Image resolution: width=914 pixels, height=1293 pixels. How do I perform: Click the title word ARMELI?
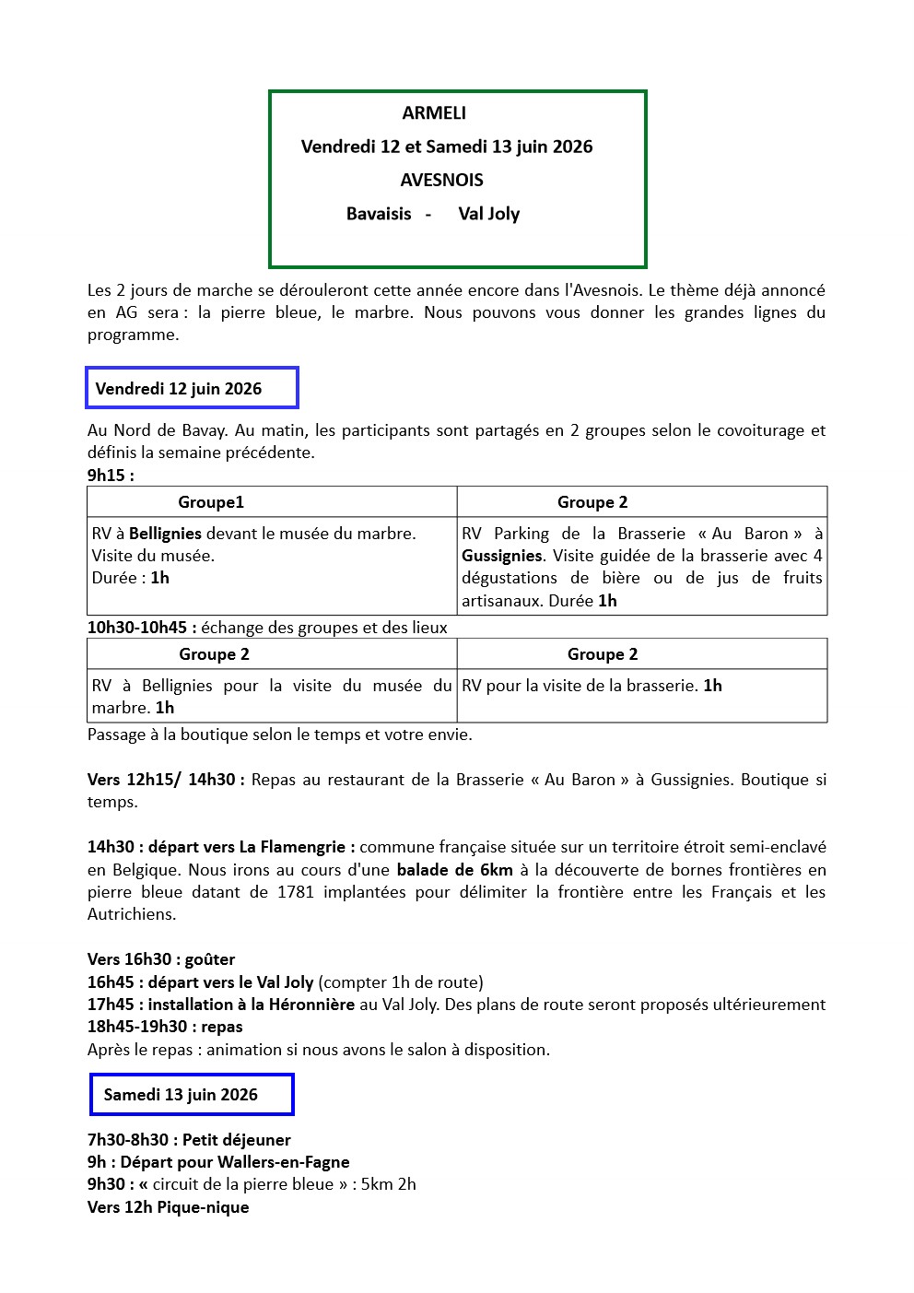(x=434, y=113)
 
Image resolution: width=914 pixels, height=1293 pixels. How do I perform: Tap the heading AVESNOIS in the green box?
(x=441, y=181)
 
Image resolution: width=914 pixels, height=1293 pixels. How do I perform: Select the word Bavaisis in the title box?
(x=379, y=214)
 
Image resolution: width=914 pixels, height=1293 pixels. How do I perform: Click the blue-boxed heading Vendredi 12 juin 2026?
(x=179, y=389)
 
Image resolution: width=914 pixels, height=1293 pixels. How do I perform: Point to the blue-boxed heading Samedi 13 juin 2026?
(x=181, y=1095)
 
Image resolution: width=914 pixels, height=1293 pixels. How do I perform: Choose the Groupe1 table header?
(x=211, y=502)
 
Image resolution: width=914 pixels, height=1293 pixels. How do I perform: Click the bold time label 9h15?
(x=107, y=476)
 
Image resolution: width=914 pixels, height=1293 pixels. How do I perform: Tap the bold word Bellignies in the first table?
(x=165, y=534)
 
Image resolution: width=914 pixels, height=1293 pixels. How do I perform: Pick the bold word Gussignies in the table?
(x=502, y=556)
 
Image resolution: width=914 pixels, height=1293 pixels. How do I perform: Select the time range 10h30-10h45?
(x=137, y=628)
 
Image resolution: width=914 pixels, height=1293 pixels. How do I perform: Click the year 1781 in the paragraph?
(x=296, y=892)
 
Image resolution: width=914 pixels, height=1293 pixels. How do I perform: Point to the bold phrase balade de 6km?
(x=455, y=870)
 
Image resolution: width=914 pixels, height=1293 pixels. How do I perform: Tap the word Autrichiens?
(x=132, y=914)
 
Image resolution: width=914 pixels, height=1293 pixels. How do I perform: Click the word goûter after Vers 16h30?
(x=210, y=959)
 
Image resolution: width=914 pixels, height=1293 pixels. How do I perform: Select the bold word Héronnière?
(x=311, y=1005)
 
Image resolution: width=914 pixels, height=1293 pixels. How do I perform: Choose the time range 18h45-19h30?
(x=137, y=1027)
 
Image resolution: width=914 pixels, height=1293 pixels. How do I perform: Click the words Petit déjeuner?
(x=237, y=1140)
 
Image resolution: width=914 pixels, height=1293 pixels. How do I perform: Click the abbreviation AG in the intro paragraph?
(x=126, y=312)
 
